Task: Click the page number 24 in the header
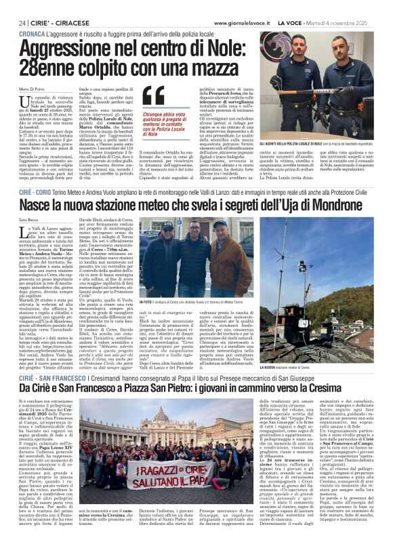coord(22,22)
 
